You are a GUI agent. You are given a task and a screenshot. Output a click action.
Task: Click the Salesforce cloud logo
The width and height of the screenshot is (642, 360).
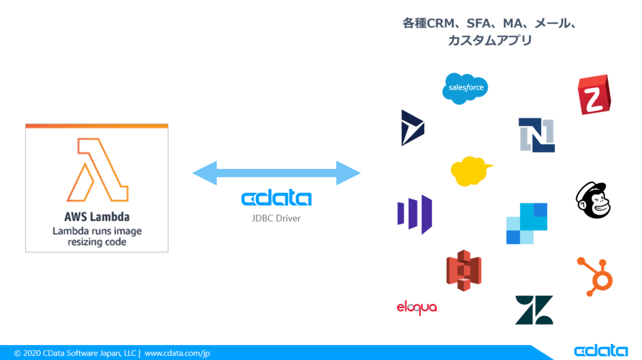pos(465,88)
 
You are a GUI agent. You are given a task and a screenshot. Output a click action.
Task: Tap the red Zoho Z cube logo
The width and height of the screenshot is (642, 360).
pos(594,95)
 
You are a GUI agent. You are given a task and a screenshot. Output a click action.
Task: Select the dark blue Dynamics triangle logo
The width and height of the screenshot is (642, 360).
pos(411,128)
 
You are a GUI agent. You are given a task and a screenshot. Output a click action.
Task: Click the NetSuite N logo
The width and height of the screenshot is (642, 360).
pos(537,135)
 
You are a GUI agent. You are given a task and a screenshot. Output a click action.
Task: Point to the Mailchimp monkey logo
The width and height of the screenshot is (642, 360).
pos(593,201)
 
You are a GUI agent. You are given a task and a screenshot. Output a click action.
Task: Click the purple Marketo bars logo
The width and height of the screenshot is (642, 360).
pos(415,214)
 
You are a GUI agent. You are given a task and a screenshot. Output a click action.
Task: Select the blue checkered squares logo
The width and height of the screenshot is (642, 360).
pos(526,224)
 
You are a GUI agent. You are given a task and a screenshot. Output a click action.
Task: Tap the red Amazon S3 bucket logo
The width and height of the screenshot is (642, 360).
pos(464,270)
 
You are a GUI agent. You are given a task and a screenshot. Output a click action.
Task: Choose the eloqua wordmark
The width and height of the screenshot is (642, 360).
pos(417,308)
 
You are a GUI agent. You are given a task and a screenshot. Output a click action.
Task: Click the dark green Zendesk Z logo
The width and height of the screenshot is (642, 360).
pos(534,310)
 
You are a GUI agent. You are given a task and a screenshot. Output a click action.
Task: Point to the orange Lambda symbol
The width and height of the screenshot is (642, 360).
pos(97,170)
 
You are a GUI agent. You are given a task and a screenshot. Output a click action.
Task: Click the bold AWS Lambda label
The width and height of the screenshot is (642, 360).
pos(97,218)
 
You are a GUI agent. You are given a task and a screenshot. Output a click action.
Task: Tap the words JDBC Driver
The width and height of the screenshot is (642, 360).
pos(276,218)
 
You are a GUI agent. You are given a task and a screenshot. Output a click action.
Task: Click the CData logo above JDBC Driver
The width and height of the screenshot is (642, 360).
pos(276,199)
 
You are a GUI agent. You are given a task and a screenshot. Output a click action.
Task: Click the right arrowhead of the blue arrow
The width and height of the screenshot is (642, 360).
pos(348,173)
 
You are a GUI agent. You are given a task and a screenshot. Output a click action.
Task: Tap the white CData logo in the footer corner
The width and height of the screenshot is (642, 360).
pos(600,351)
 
